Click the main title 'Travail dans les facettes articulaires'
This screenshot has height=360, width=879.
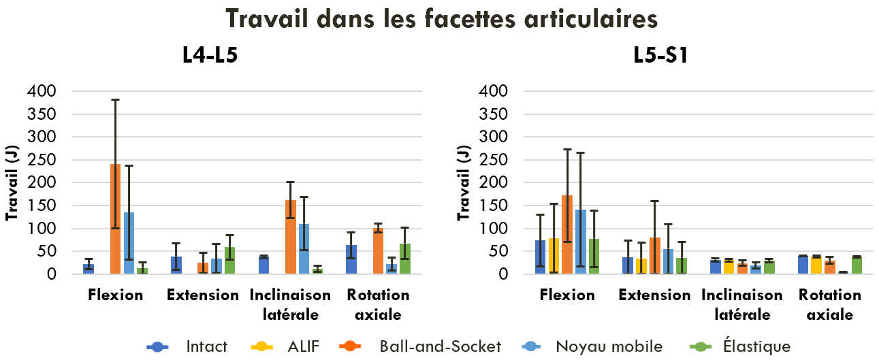click(441, 18)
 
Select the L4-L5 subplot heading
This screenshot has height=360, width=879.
click(210, 55)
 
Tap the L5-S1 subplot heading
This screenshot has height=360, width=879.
click(659, 55)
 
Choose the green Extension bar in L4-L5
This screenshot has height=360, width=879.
click(230, 261)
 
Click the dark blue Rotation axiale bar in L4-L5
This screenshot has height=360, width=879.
click(351, 260)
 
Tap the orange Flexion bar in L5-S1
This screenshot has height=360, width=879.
click(567, 235)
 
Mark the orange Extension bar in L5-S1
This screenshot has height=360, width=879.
click(655, 256)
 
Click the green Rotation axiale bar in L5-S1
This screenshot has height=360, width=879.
click(857, 266)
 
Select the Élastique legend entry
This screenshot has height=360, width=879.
click(748, 346)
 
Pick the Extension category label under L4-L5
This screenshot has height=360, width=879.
click(203, 295)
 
